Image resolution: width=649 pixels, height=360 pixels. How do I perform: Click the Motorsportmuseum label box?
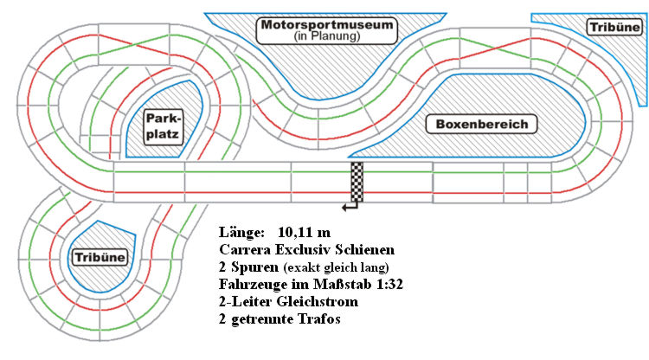point(326,30)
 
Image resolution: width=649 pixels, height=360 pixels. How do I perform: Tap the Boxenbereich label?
point(481,124)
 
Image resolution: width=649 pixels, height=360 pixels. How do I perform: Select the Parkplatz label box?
point(163,126)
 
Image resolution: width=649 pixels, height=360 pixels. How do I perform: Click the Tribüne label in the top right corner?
point(614,28)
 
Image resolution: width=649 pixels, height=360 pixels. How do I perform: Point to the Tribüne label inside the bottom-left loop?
point(100,257)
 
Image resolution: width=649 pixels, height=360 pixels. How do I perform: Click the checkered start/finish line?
point(357,182)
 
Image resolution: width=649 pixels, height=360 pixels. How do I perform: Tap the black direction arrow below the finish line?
point(350,207)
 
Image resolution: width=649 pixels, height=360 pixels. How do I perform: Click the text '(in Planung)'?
point(327,36)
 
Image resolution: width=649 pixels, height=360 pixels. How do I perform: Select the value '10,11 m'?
point(305,232)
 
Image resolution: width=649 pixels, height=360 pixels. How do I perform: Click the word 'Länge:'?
point(241,232)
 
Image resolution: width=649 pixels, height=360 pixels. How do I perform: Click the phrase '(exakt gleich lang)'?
point(336,267)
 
